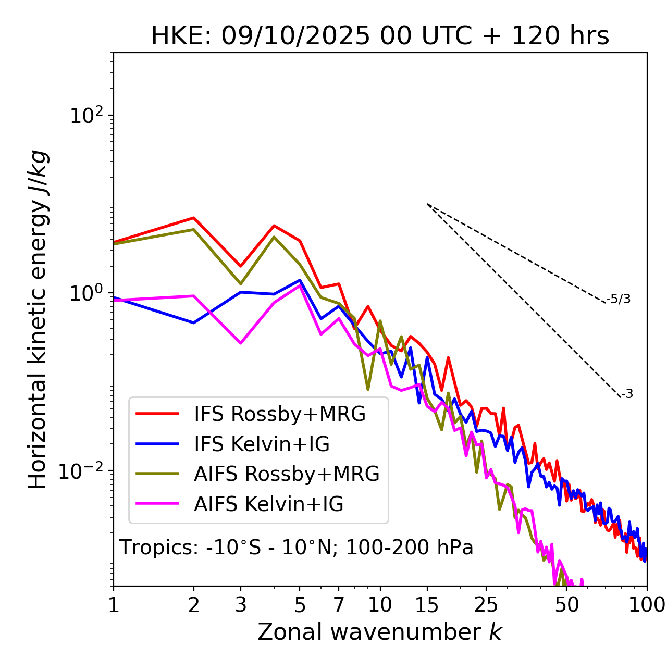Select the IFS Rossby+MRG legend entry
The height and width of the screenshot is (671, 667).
(x=279, y=414)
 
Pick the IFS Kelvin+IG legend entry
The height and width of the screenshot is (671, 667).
(x=262, y=444)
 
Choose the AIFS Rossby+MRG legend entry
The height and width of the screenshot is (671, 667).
(x=286, y=474)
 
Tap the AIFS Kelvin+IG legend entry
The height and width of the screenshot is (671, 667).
(x=268, y=504)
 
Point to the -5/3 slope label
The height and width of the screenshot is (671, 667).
(x=619, y=300)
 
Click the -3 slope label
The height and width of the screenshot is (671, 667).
(x=627, y=394)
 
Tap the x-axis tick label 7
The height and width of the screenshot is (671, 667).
(x=339, y=605)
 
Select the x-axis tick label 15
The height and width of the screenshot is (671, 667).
(x=427, y=605)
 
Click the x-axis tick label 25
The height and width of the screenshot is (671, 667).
(x=486, y=605)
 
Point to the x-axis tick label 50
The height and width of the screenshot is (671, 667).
(x=566, y=605)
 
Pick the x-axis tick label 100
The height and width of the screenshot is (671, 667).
(x=647, y=605)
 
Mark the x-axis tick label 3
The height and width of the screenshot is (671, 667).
(x=241, y=605)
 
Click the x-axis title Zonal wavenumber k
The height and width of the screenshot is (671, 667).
(x=380, y=632)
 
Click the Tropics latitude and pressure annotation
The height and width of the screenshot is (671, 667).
(x=297, y=548)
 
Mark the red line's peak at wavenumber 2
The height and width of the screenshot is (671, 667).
(x=194, y=218)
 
